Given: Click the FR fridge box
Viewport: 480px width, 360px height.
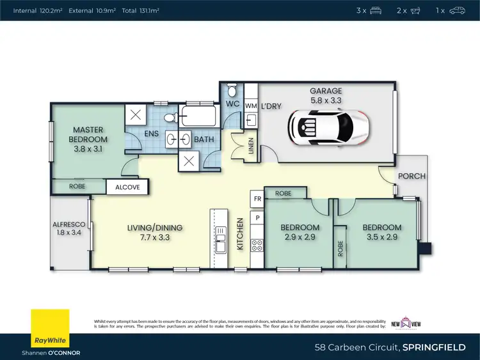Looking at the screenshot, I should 257,199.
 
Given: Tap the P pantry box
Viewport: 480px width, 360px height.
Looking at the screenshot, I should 257,218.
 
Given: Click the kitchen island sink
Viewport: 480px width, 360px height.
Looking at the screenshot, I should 221,244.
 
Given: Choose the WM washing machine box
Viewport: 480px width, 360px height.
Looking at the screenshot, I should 251,106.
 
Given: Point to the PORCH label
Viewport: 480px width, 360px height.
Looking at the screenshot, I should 412,176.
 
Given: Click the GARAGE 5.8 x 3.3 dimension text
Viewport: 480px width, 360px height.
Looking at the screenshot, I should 326,100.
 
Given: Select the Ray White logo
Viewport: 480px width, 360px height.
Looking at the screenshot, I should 49,329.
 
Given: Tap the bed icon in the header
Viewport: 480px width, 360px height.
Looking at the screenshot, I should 376,10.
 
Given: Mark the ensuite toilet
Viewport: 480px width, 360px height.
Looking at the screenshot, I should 168,118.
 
